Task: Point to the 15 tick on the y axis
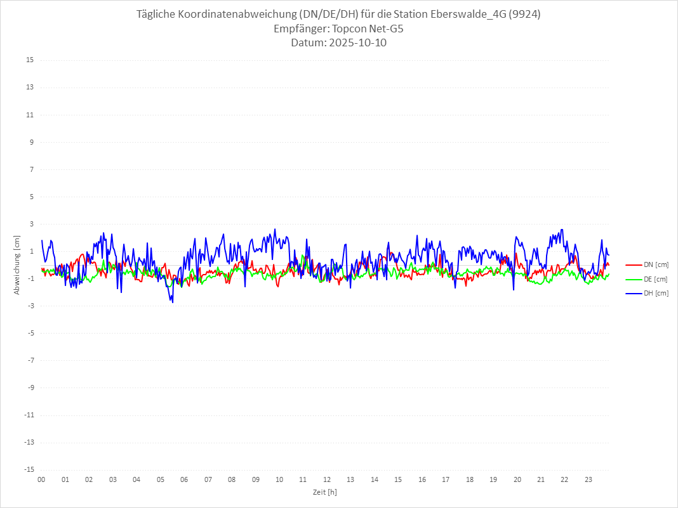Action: [30, 60]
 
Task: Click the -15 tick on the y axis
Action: [29, 469]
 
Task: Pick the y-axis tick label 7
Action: [31, 169]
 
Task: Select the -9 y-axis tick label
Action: [30, 388]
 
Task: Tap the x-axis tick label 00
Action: [41, 479]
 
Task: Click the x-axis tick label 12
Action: [327, 479]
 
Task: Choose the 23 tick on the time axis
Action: [588, 479]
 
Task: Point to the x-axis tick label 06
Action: [184, 479]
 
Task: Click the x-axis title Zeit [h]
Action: [324, 492]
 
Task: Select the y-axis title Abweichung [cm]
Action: [17, 264]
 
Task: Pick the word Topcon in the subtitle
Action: [350, 29]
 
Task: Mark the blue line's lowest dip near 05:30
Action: [172, 302]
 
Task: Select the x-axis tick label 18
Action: [470, 479]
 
